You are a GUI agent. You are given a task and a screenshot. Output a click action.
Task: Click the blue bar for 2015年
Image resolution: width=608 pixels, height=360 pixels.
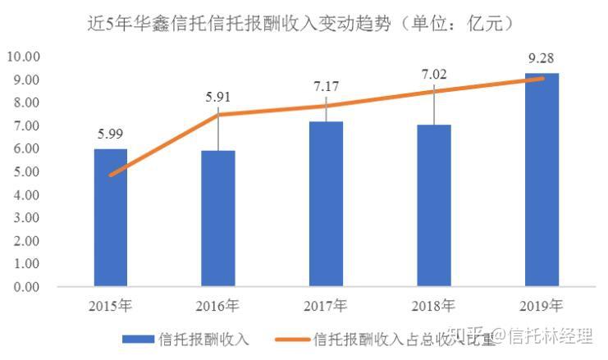point(111,218)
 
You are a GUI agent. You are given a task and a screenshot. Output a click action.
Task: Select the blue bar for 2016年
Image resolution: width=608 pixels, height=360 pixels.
point(218,219)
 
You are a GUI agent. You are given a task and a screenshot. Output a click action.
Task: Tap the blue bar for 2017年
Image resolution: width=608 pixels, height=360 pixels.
point(326,204)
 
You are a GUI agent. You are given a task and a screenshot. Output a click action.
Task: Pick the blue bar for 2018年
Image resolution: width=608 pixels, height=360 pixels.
point(433,206)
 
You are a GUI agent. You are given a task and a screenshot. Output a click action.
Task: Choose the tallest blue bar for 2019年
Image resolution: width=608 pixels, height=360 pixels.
point(542,180)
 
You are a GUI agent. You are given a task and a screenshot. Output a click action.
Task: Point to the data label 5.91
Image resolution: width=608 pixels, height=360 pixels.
point(218,97)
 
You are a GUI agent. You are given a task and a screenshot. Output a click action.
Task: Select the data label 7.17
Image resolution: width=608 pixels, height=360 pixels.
point(326,85)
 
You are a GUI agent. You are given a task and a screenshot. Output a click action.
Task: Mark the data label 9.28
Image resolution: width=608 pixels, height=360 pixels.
point(542,59)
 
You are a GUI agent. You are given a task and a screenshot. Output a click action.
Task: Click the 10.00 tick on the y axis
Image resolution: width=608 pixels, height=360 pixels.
point(23,57)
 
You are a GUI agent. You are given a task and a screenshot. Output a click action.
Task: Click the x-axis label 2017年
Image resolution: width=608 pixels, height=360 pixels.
point(326,307)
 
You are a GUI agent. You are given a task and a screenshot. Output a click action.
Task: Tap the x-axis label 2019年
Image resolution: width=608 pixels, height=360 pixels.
point(542,307)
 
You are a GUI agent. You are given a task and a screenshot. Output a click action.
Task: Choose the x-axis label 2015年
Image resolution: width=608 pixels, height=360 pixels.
point(111,307)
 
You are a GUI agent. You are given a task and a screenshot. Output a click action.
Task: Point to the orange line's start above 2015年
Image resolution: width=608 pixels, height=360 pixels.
point(111,175)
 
